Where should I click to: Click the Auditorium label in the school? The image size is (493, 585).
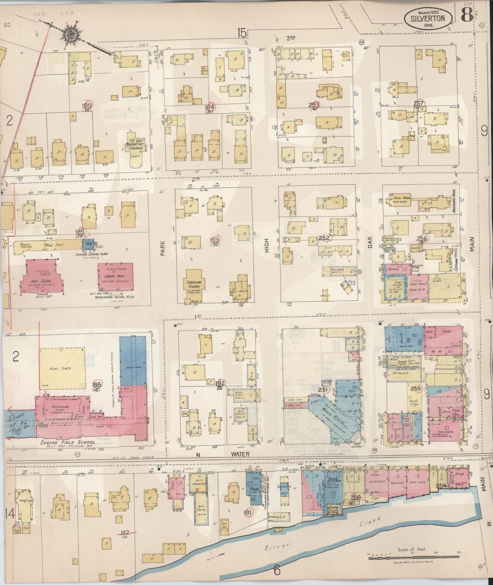pyautogui.click(x=59, y=407)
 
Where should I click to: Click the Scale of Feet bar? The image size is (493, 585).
pyautogui.click(x=414, y=557)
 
